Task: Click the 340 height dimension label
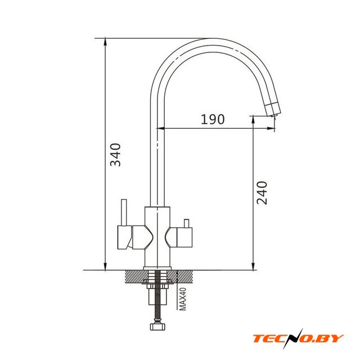(x=115, y=155)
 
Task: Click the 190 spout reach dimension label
(x=213, y=119)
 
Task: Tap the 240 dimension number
(x=262, y=193)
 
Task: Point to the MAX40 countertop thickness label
(x=183, y=299)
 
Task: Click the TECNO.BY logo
(x=298, y=339)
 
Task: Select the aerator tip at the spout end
(x=273, y=110)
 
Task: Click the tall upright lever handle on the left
(x=124, y=213)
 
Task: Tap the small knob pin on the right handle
(x=186, y=224)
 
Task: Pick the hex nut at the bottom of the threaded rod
(x=157, y=326)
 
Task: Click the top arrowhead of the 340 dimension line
(x=105, y=41)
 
